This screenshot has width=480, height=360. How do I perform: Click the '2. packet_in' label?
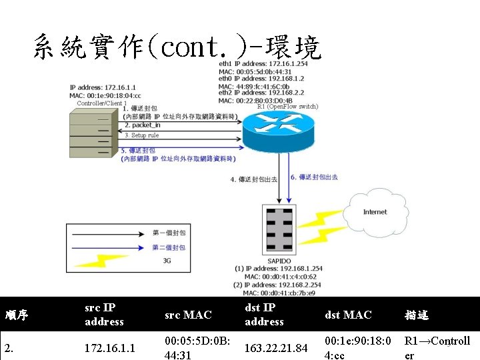tap(143, 125)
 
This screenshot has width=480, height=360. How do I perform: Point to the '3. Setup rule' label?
tap(141, 135)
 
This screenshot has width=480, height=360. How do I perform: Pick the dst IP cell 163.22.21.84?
tap(275, 347)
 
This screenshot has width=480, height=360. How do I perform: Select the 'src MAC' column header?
tap(187, 315)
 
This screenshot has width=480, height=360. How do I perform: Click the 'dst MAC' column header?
tap(348, 315)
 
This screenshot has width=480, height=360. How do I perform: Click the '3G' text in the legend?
tap(167, 261)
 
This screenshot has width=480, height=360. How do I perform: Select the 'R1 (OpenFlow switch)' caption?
tap(287, 107)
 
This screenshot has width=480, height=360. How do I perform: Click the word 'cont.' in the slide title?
tap(199, 48)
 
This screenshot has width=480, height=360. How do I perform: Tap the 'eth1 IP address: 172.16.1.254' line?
tap(263, 64)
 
